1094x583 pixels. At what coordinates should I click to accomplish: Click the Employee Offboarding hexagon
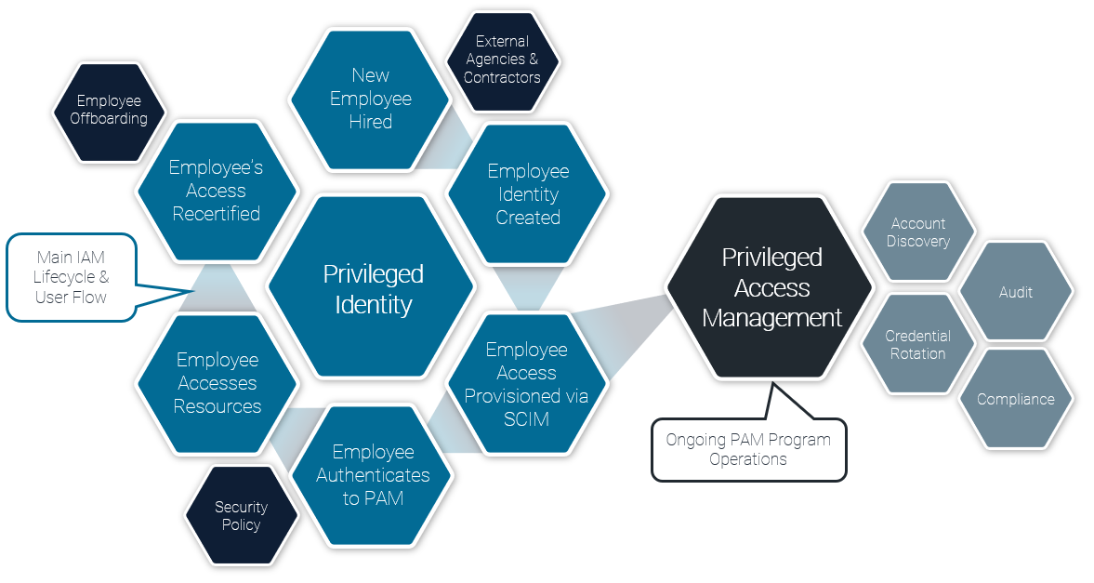click(x=110, y=111)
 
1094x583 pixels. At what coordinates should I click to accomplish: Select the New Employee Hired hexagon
click(x=370, y=99)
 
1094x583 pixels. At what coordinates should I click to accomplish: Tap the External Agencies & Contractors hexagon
click(x=502, y=60)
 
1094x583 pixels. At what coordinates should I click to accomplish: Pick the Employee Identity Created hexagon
click(x=527, y=194)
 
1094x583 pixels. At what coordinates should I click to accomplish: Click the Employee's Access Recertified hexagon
click(x=217, y=191)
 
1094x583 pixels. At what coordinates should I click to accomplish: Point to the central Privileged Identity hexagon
click(x=373, y=288)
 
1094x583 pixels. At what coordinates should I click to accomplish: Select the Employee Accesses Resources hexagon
click(x=217, y=383)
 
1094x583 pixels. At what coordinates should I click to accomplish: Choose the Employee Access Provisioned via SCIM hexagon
click(x=526, y=384)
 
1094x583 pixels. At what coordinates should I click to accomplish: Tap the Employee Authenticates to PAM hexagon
click(x=373, y=475)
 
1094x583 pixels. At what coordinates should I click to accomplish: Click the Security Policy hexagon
click(x=241, y=516)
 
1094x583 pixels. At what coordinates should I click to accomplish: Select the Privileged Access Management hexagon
click(x=771, y=287)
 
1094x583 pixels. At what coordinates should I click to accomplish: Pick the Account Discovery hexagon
click(x=918, y=232)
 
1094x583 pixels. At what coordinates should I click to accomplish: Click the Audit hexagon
click(x=1015, y=292)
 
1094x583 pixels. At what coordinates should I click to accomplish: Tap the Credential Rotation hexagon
click(x=917, y=345)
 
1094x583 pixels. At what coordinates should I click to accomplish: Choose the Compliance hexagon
click(x=1015, y=400)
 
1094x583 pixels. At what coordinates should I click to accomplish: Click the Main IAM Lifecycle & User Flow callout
click(x=72, y=277)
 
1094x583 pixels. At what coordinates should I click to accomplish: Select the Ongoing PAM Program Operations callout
click(x=748, y=449)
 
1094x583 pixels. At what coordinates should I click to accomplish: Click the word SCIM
click(x=526, y=419)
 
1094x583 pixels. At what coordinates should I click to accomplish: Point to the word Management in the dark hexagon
click(x=771, y=318)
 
